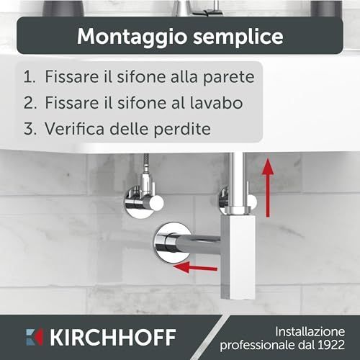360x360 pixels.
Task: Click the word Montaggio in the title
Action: [x=132, y=37]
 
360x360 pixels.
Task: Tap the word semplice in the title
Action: [x=238, y=36]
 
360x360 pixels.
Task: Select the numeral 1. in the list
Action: [x=30, y=77]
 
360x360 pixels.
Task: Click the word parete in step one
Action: [x=228, y=78]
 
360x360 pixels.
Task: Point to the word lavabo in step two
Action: [x=216, y=102]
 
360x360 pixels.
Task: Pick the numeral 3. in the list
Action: [x=30, y=129]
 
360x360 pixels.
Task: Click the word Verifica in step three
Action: [x=74, y=128]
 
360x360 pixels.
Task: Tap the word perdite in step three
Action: [x=182, y=129]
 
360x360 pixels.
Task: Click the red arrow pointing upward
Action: [x=268, y=188]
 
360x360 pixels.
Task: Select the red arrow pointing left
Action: [x=195, y=267]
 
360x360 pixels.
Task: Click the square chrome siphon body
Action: [x=238, y=257]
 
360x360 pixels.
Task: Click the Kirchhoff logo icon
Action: [x=35, y=337]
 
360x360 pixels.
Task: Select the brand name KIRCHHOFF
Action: [x=113, y=337]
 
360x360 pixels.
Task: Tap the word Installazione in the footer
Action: [x=310, y=332]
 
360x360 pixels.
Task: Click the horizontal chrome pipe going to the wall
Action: [x=198, y=244]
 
